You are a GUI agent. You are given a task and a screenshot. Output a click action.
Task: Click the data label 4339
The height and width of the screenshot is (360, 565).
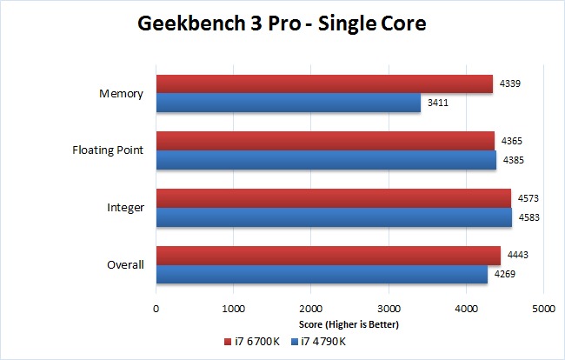coord(510,84)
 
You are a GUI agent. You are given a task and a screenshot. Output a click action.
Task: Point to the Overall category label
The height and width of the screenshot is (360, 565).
coord(125,264)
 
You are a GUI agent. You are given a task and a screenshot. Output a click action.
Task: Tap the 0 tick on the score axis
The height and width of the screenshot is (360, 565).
coord(156,308)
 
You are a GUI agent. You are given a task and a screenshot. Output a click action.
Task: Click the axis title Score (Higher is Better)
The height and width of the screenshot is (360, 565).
coord(349,324)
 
